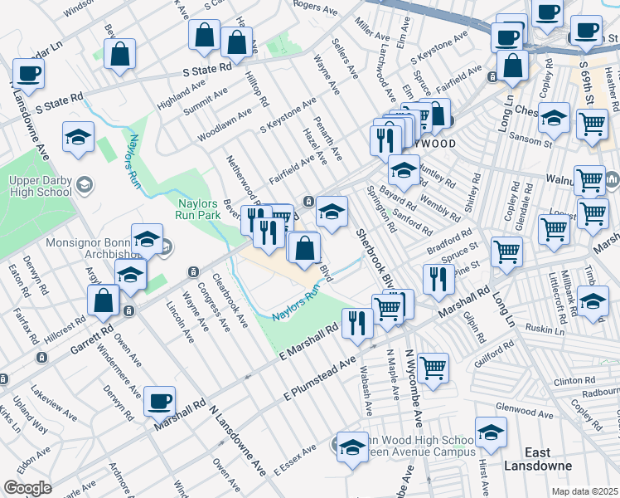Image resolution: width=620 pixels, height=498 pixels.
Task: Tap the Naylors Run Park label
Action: [196, 207]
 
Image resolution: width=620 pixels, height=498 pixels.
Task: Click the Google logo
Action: [27, 488]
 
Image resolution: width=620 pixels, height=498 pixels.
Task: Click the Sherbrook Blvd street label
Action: [372, 256]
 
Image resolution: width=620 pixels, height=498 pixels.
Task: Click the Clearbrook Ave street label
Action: [230, 300]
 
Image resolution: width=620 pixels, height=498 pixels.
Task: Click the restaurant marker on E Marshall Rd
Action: [357, 322]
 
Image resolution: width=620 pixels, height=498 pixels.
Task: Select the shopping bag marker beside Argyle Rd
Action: [104, 300]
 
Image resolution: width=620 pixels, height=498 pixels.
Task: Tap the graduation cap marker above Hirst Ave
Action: [491, 432]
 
